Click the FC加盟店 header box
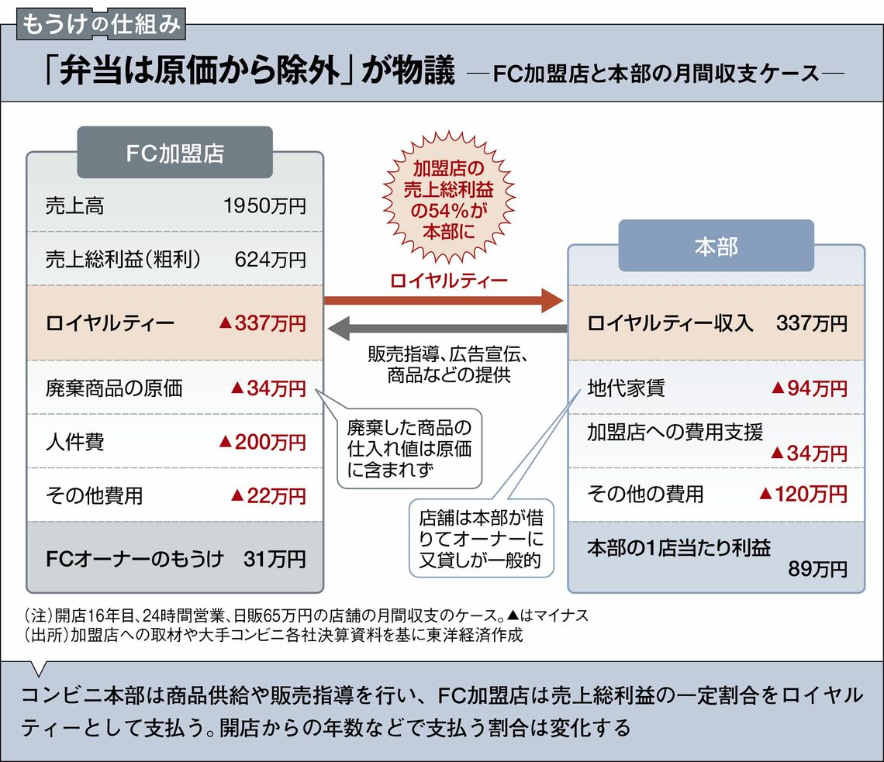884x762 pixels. click(x=174, y=152)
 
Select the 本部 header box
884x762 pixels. click(x=716, y=246)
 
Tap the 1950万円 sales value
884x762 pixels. click(x=264, y=205)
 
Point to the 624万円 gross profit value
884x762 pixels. click(x=270, y=259)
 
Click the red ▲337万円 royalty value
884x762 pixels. click(x=262, y=323)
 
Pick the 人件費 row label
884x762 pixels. click(x=75, y=441)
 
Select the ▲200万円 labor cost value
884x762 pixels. click(x=262, y=442)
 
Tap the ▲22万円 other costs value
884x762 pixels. click(x=268, y=495)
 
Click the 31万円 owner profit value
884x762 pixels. click(x=275, y=559)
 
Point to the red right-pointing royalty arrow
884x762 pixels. click(x=444, y=300)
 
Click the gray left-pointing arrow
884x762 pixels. click(x=447, y=329)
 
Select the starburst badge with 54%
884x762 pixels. click(x=448, y=198)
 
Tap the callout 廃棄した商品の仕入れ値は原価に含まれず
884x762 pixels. click(x=409, y=449)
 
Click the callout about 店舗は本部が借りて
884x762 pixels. click(x=481, y=538)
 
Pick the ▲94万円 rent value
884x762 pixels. click(x=809, y=388)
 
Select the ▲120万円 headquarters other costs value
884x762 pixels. click(x=803, y=495)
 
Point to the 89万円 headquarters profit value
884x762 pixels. click(x=817, y=569)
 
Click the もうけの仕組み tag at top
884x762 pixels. click(x=101, y=25)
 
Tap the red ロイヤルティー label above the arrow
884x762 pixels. click(x=449, y=280)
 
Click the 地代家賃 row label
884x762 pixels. click(x=626, y=388)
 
